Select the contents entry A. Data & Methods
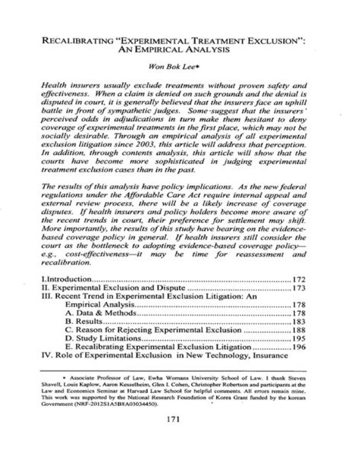[100, 313]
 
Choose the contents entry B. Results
[84, 322]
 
